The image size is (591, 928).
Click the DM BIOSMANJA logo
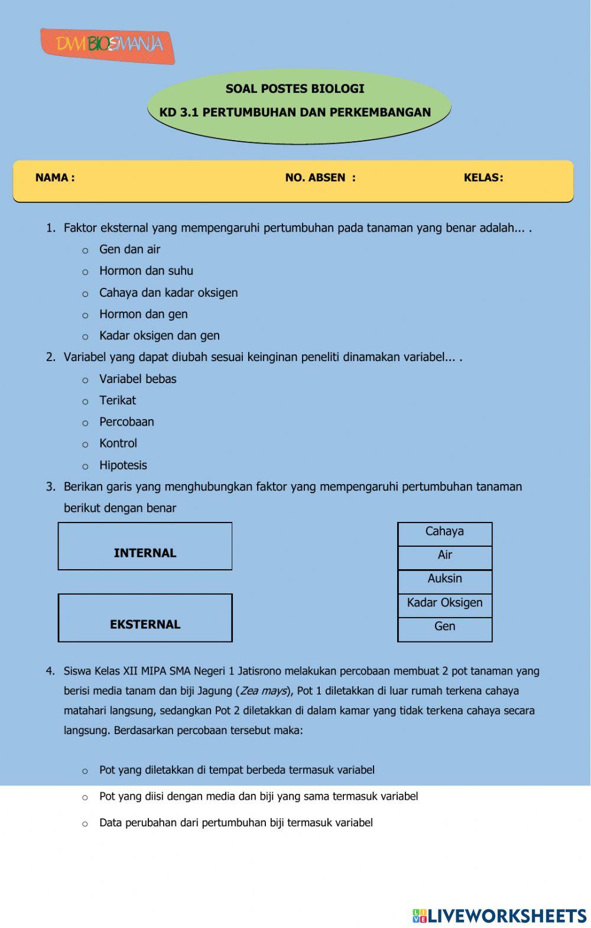pos(108,45)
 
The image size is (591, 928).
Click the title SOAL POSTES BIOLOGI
pos(295,89)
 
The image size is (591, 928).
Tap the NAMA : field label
pos(55,178)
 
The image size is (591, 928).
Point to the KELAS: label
pos(483,178)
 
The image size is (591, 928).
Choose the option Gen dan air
pos(129,249)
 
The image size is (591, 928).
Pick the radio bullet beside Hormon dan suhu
pos(85,272)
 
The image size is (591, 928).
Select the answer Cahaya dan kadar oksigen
pos(168,293)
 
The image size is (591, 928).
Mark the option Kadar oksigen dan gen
pos(159,336)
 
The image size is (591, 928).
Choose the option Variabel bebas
pos(138,379)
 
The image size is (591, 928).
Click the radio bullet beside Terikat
pos(85,401)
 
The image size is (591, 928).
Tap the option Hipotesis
pos(123,465)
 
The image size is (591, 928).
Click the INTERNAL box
pos(145,547)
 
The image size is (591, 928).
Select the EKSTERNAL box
pos(145,618)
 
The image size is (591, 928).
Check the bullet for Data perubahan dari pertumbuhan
pos(85,824)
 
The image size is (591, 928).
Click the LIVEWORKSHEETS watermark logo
pos(499,916)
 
